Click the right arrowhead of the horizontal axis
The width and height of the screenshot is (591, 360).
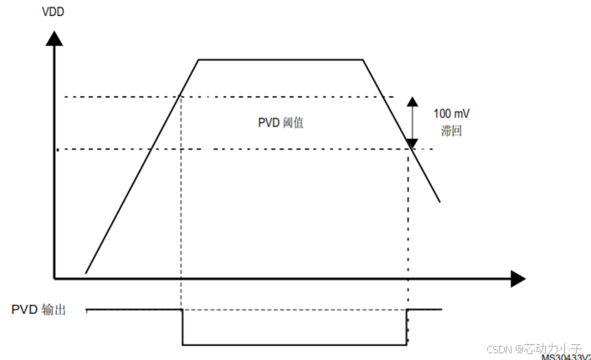pos(516,279)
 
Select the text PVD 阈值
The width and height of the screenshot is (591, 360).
pos(280,122)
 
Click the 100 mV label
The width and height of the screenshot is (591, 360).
pos(451,113)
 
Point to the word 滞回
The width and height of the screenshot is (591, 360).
pos(451,131)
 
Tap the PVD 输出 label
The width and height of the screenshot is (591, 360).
pos(39,310)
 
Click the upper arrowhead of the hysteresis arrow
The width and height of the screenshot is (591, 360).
pos(412,102)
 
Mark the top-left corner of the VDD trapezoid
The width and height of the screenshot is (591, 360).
pos(198,60)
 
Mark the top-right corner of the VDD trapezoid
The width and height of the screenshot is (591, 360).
pos(362,60)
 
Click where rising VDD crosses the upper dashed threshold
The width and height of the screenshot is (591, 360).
pos(182,97)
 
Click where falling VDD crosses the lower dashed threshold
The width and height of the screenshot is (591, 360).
pos(409,150)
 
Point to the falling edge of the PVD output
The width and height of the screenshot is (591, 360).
pos(182,327)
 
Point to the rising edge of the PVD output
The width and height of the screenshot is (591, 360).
pos(407,327)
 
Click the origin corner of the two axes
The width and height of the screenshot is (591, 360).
pos(55,278)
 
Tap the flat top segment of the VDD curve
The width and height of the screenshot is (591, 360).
pos(280,60)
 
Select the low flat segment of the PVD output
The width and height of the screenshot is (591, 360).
pos(293,344)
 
